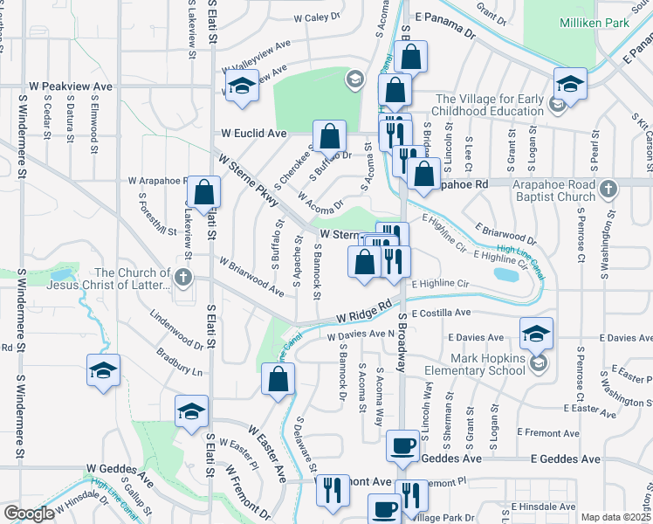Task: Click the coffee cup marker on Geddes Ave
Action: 403,445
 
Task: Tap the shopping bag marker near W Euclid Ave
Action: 330,136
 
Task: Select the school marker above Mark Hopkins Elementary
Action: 536,333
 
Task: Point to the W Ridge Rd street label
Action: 363,314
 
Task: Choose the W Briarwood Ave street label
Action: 251,275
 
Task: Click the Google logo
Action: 28,514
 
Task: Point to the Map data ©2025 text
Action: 615,517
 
